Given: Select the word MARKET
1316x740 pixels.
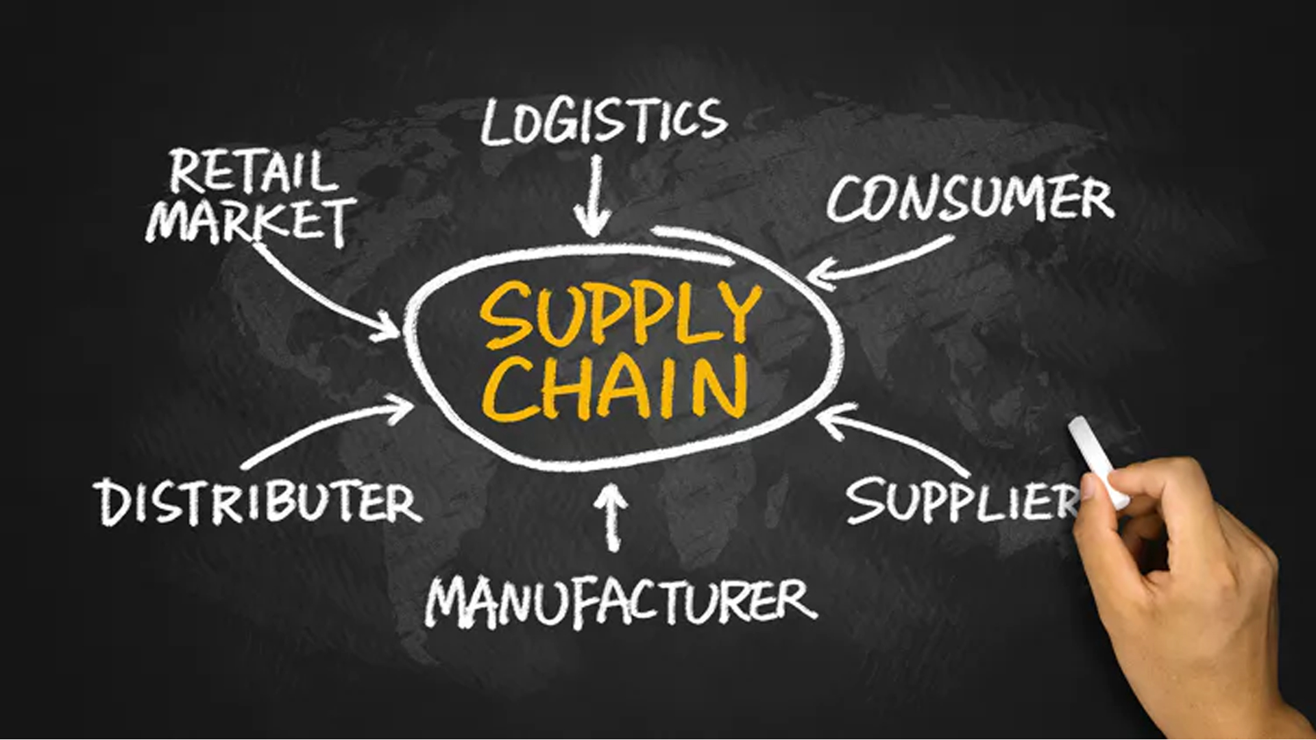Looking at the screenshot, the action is pyautogui.click(x=251, y=221).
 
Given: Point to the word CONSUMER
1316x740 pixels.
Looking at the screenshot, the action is pyautogui.click(x=971, y=199).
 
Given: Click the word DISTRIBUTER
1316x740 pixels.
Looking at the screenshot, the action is pyautogui.click(x=257, y=502).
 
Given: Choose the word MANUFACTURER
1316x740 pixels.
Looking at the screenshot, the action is pyautogui.click(x=620, y=602).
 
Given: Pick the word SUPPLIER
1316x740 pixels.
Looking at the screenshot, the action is pyautogui.click(x=963, y=500).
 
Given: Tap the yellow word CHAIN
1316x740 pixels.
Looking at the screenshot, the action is pyautogui.click(x=615, y=387).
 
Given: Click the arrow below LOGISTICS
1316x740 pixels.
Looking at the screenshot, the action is pyautogui.click(x=594, y=195).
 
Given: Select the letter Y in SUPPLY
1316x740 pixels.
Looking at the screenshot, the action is pyautogui.click(x=736, y=314).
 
